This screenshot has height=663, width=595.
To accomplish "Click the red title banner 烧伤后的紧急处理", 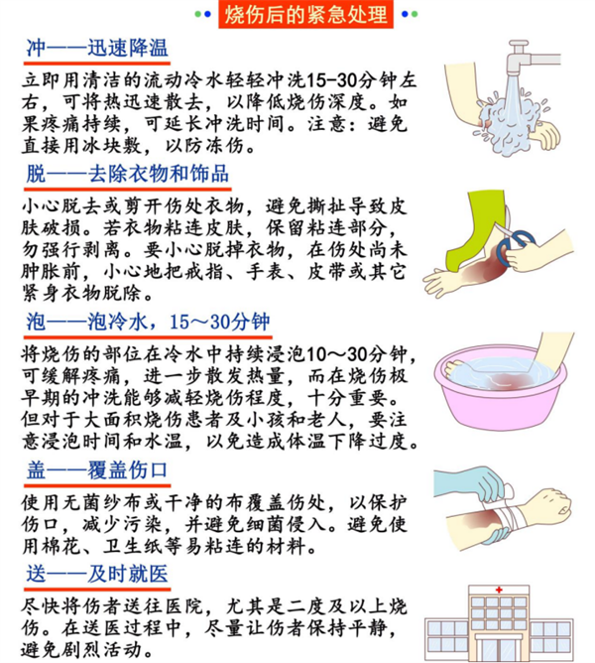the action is coord(305,14).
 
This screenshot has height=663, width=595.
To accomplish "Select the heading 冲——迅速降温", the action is coord(97,49).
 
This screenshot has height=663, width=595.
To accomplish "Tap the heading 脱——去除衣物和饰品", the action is coord(127,174).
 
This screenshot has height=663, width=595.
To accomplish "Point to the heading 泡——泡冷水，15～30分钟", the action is coord(148,322).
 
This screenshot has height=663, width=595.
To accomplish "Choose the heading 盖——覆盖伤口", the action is coord(97,470).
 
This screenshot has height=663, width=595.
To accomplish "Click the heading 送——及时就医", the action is coord(97,574).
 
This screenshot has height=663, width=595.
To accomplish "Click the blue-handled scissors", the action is coord(514,246).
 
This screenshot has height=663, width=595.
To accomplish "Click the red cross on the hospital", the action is coord(499,590).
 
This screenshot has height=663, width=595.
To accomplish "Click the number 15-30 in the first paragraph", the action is coord(332,80).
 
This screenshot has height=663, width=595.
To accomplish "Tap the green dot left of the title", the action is coord(197,14).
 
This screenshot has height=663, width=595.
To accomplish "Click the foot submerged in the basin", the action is coord(456,368).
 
